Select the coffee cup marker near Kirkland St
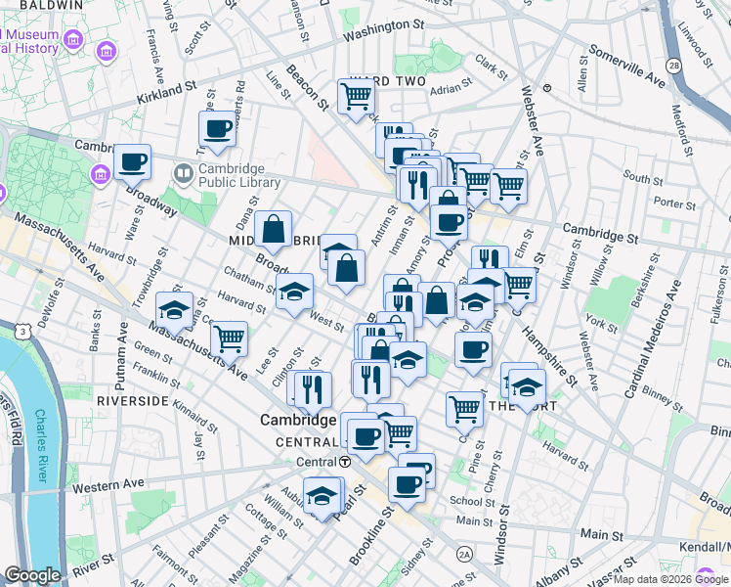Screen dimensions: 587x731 tap(217, 128)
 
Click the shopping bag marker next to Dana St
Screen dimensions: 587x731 tap(274, 230)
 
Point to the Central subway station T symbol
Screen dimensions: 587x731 tap(344, 462)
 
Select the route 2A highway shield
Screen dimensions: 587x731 tap(465, 555)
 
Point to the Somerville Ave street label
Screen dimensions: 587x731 tap(627, 66)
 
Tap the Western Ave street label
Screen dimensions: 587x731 tap(107, 484)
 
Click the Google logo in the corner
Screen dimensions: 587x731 tap(31, 575)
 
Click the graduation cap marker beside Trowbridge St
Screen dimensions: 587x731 tap(174, 310)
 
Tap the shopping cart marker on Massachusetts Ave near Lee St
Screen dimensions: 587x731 tap(229, 339)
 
